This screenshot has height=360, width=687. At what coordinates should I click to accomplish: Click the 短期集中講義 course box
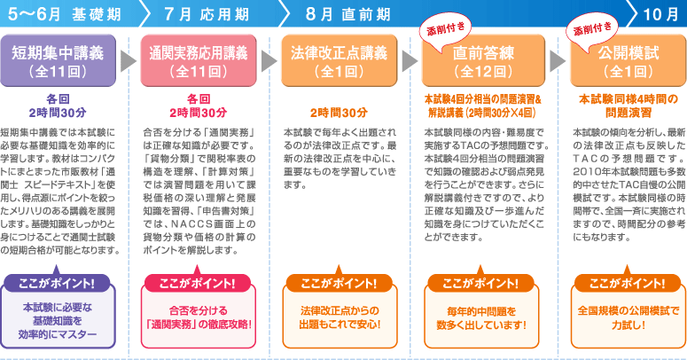(x=57, y=59)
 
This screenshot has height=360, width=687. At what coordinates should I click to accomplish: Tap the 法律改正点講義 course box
(x=338, y=59)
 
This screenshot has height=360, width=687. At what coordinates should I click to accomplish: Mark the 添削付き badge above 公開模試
(x=589, y=31)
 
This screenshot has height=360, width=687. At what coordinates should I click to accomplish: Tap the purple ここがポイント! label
(x=58, y=283)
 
